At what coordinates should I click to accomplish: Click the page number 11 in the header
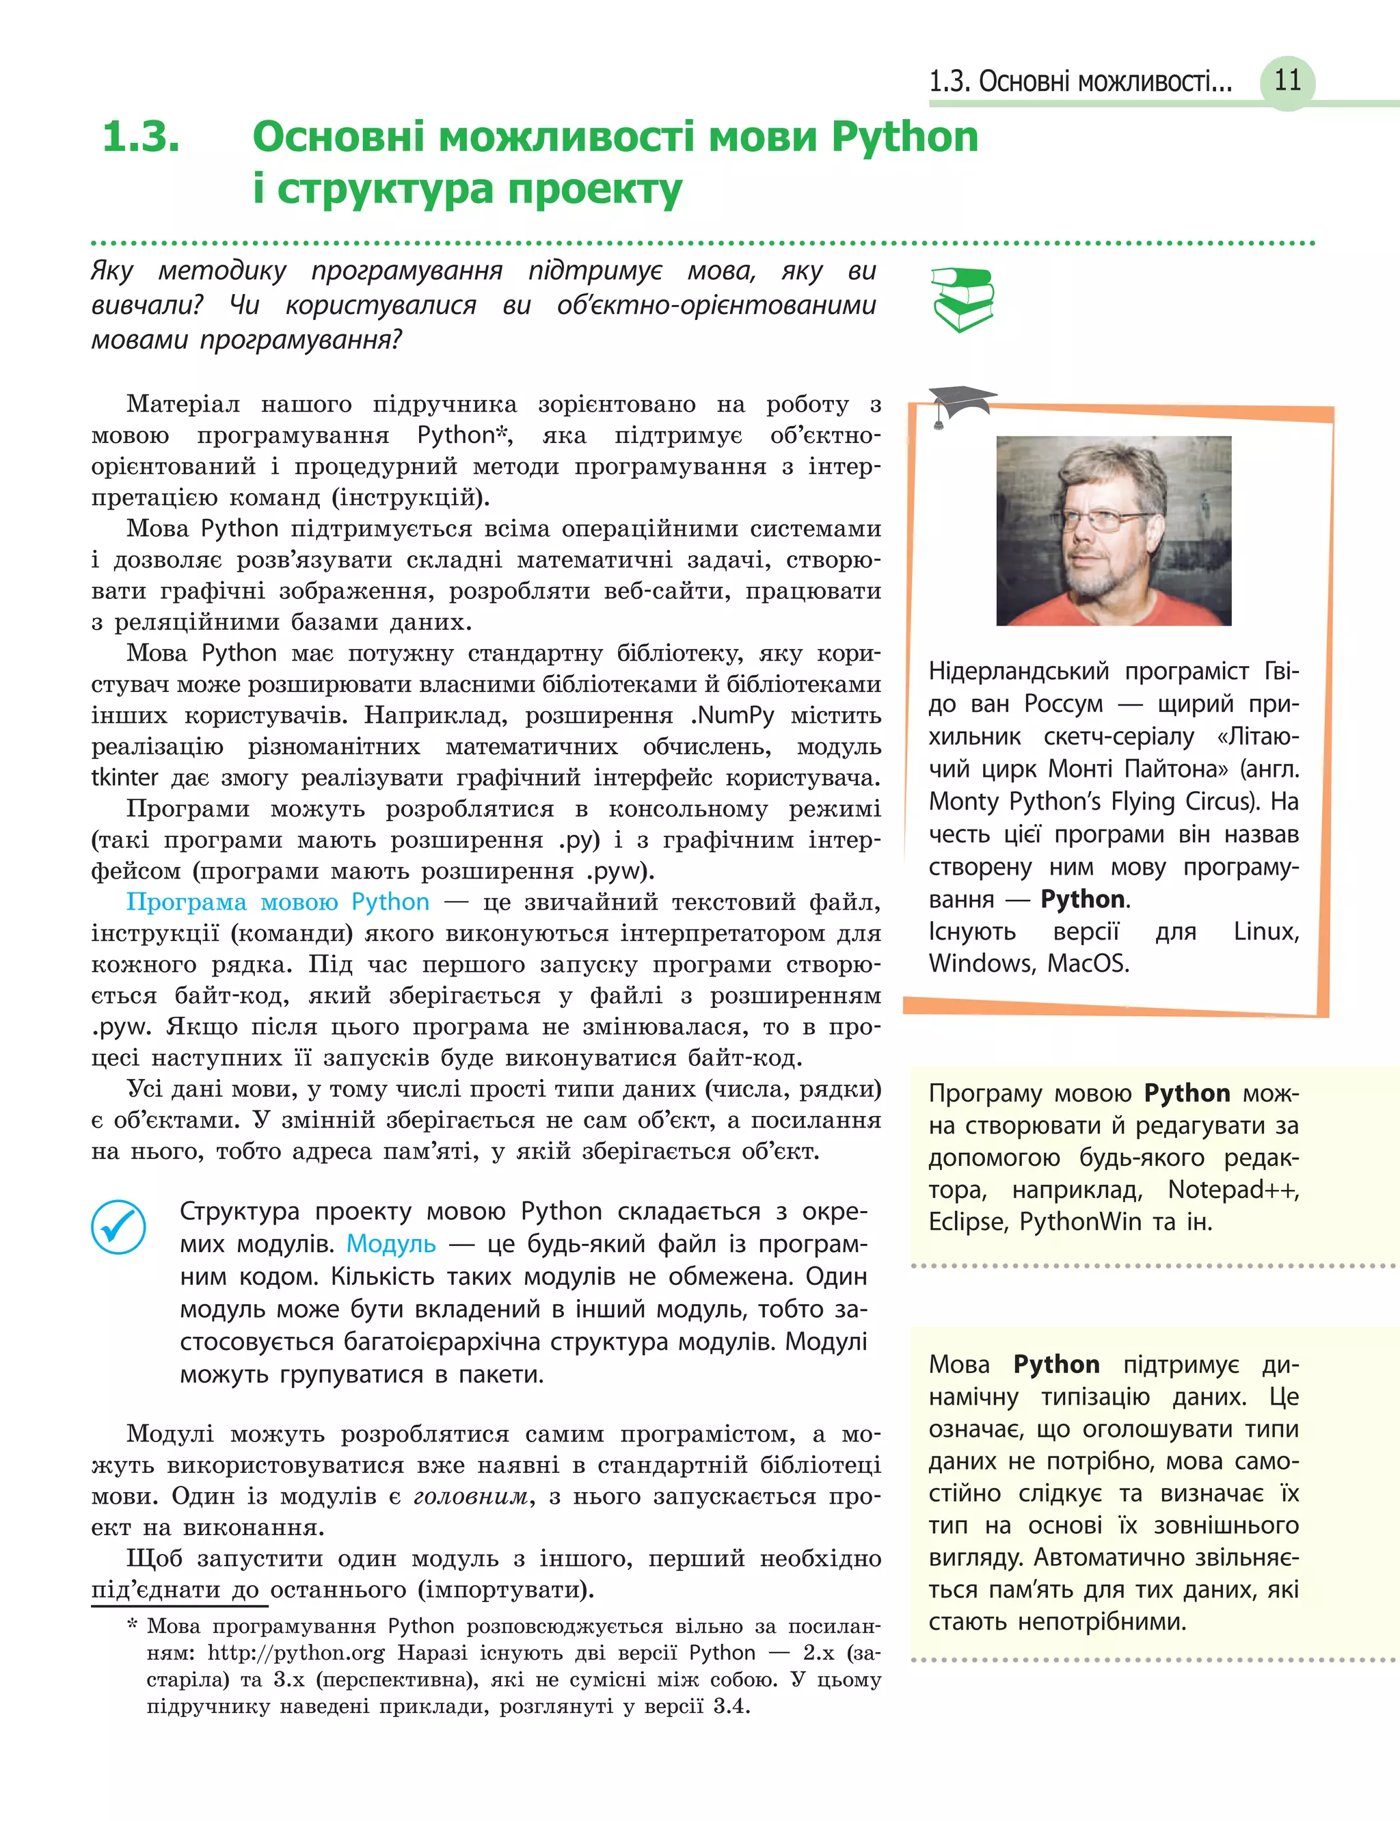coord(1287,81)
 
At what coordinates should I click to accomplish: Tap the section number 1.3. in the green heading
coord(141,137)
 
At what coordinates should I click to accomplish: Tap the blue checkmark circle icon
coord(118,1226)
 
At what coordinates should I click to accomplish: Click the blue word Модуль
coord(391,1243)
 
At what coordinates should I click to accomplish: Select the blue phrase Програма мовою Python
coord(278,902)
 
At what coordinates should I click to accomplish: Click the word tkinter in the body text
coord(124,777)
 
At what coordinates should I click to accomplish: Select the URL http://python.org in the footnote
coord(296,1652)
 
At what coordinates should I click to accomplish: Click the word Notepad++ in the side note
coord(1233,1189)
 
